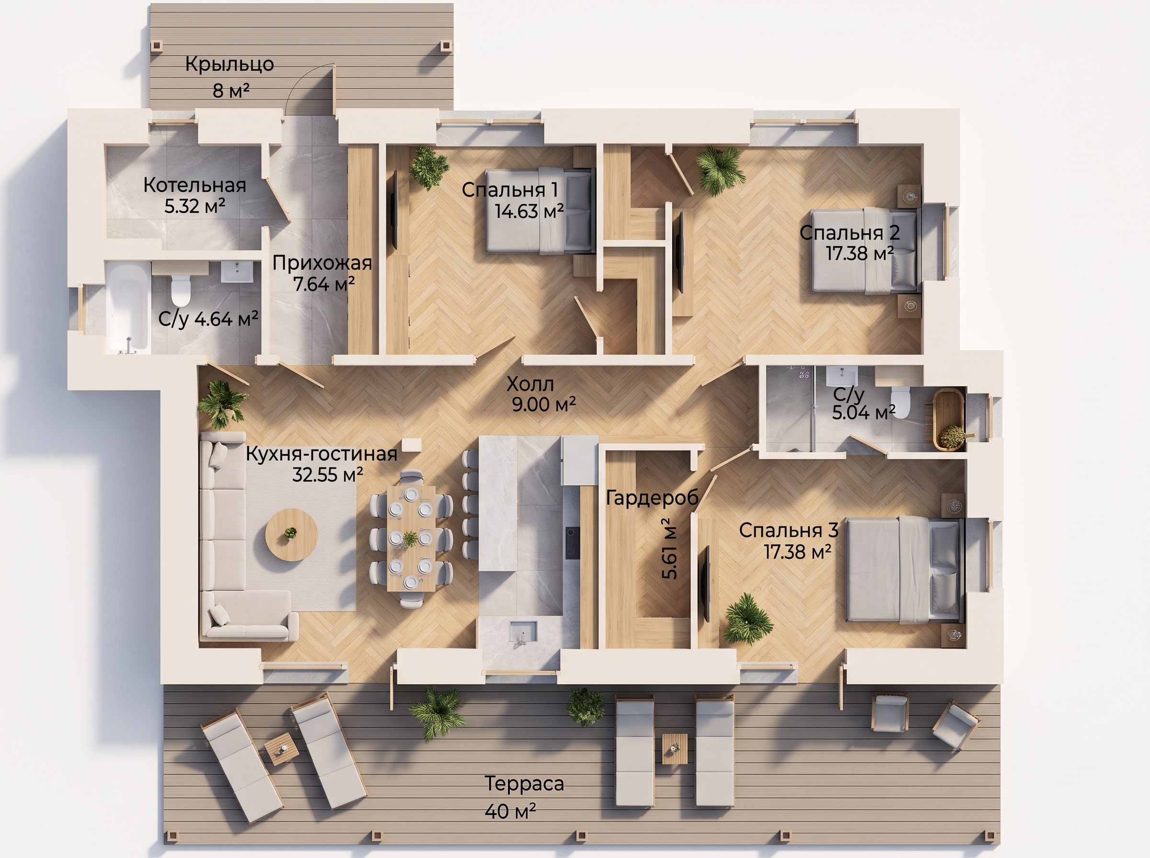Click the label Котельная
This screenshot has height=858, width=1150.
(x=195, y=185)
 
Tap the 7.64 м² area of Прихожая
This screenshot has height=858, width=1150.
(x=324, y=284)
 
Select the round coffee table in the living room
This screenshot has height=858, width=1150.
(x=291, y=534)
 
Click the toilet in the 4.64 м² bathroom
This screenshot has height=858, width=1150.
(x=181, y=290)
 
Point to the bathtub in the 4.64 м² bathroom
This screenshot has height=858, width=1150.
(x=128, y=307)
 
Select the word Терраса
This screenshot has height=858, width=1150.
(x=524, y=783)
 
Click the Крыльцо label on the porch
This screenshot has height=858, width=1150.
(x=230, y=65)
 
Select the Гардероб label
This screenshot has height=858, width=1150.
(x=652, y=498)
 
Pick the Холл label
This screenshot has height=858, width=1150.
(x=530, y=384)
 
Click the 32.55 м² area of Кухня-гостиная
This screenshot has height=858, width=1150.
(x=327, y=474)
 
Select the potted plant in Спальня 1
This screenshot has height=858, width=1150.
(x=428, y=167)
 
